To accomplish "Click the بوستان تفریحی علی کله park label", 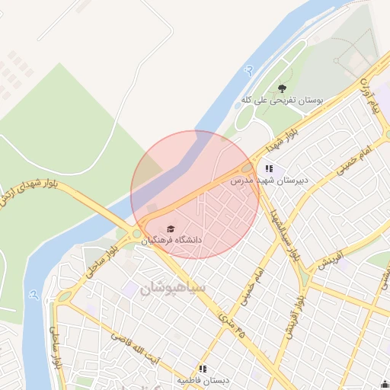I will tap(283, 101).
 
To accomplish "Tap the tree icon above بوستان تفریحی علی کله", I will tap(283, 89).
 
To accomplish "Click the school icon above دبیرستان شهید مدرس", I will tap(269, 169).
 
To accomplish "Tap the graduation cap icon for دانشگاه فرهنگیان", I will tap(171, 229).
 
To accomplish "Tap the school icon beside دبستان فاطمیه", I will tap(203, 369).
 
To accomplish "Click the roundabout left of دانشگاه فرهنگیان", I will tap(138, 235).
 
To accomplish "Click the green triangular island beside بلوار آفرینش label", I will tap(306, 276).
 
